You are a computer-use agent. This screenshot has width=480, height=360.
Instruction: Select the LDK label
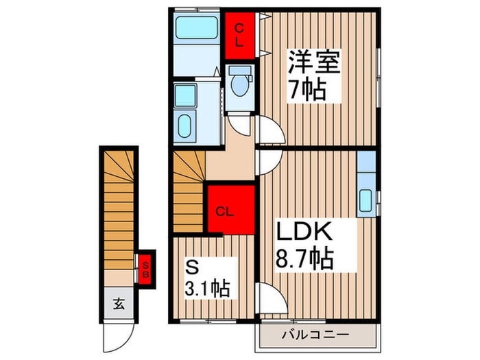click(x=304, y=232)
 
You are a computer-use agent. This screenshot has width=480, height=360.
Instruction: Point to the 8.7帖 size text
click(x=304, y=259)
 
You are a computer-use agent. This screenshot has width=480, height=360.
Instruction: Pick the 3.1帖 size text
click(x=207, y=289)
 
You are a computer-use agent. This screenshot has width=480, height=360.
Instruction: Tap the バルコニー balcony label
click(x=315, y=335)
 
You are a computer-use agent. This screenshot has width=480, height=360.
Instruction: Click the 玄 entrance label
click(x=119, y=304)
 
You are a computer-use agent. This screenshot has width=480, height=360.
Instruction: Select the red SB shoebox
click(x=145, y=269)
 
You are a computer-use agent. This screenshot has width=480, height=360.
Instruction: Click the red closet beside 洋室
click(x=240, y=36)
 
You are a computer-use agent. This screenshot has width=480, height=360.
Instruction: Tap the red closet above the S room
click(x=231, y=210)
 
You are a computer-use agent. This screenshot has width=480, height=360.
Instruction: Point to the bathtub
click(x=197, y=27)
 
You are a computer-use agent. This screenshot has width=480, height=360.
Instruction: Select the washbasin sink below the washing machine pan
click(x=184, y=125)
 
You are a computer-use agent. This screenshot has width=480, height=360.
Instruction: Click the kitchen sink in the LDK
click(x=365, y=200)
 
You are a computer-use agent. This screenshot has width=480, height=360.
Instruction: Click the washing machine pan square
click(x=185, y=95)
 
